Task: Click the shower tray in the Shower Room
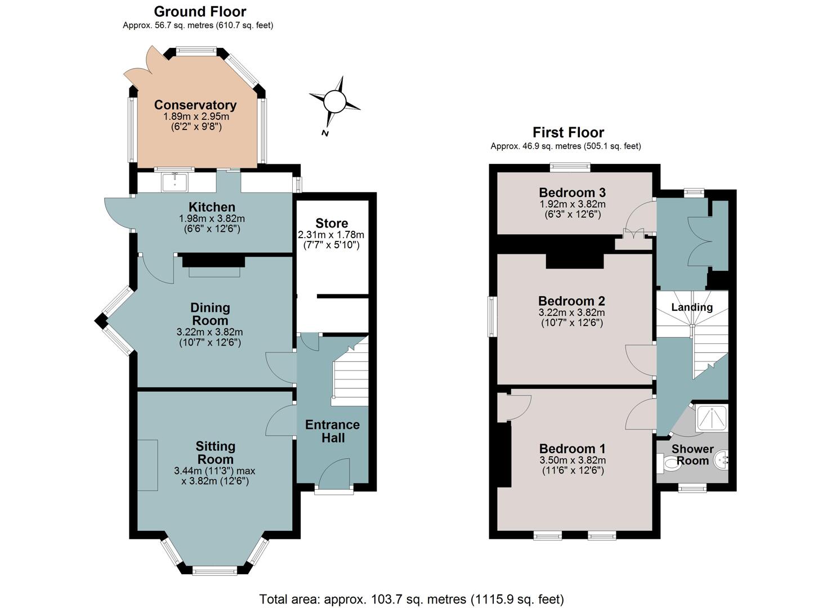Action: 712,418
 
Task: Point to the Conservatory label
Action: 195,105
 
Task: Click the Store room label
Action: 332,223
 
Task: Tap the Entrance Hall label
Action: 332,431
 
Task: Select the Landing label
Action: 692,307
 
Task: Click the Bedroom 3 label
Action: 572,193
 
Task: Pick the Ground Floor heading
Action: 200,12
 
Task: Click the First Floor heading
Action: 568,132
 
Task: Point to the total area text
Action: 412,600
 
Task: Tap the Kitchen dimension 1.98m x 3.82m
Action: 212,219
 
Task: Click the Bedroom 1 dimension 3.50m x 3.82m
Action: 573,460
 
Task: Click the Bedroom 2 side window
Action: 493,316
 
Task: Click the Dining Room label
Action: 210,314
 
